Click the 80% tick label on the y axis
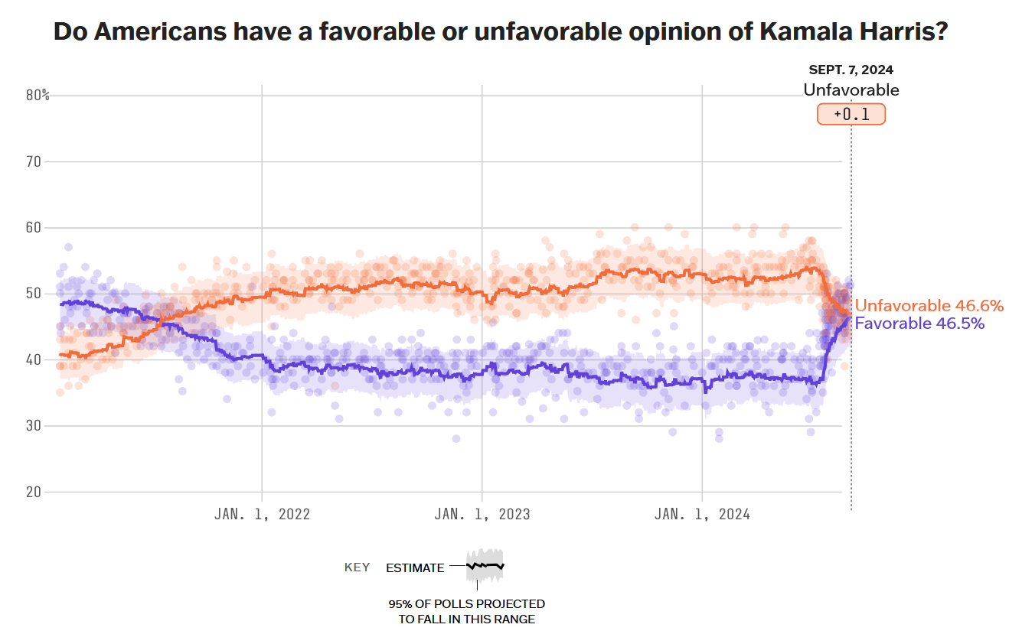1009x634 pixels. (x=37, y=96)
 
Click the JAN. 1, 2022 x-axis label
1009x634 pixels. (x=262, y=514)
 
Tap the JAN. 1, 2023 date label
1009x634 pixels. (x=482, y=514)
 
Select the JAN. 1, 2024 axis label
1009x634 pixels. (x=702, y=514)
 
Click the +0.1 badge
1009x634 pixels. (x=851, y=114)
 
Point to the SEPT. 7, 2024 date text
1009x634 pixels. (x=851, y=70)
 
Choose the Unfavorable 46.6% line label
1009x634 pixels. (x=929, y=306)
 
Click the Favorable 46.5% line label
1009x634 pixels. (x=919, y=323)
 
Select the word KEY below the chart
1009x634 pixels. (x=357, y=567)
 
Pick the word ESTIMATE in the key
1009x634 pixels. (x=415, y=567)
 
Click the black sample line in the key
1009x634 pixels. (x=485, y=566)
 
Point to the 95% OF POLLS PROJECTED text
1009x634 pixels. (x=467, y=604)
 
